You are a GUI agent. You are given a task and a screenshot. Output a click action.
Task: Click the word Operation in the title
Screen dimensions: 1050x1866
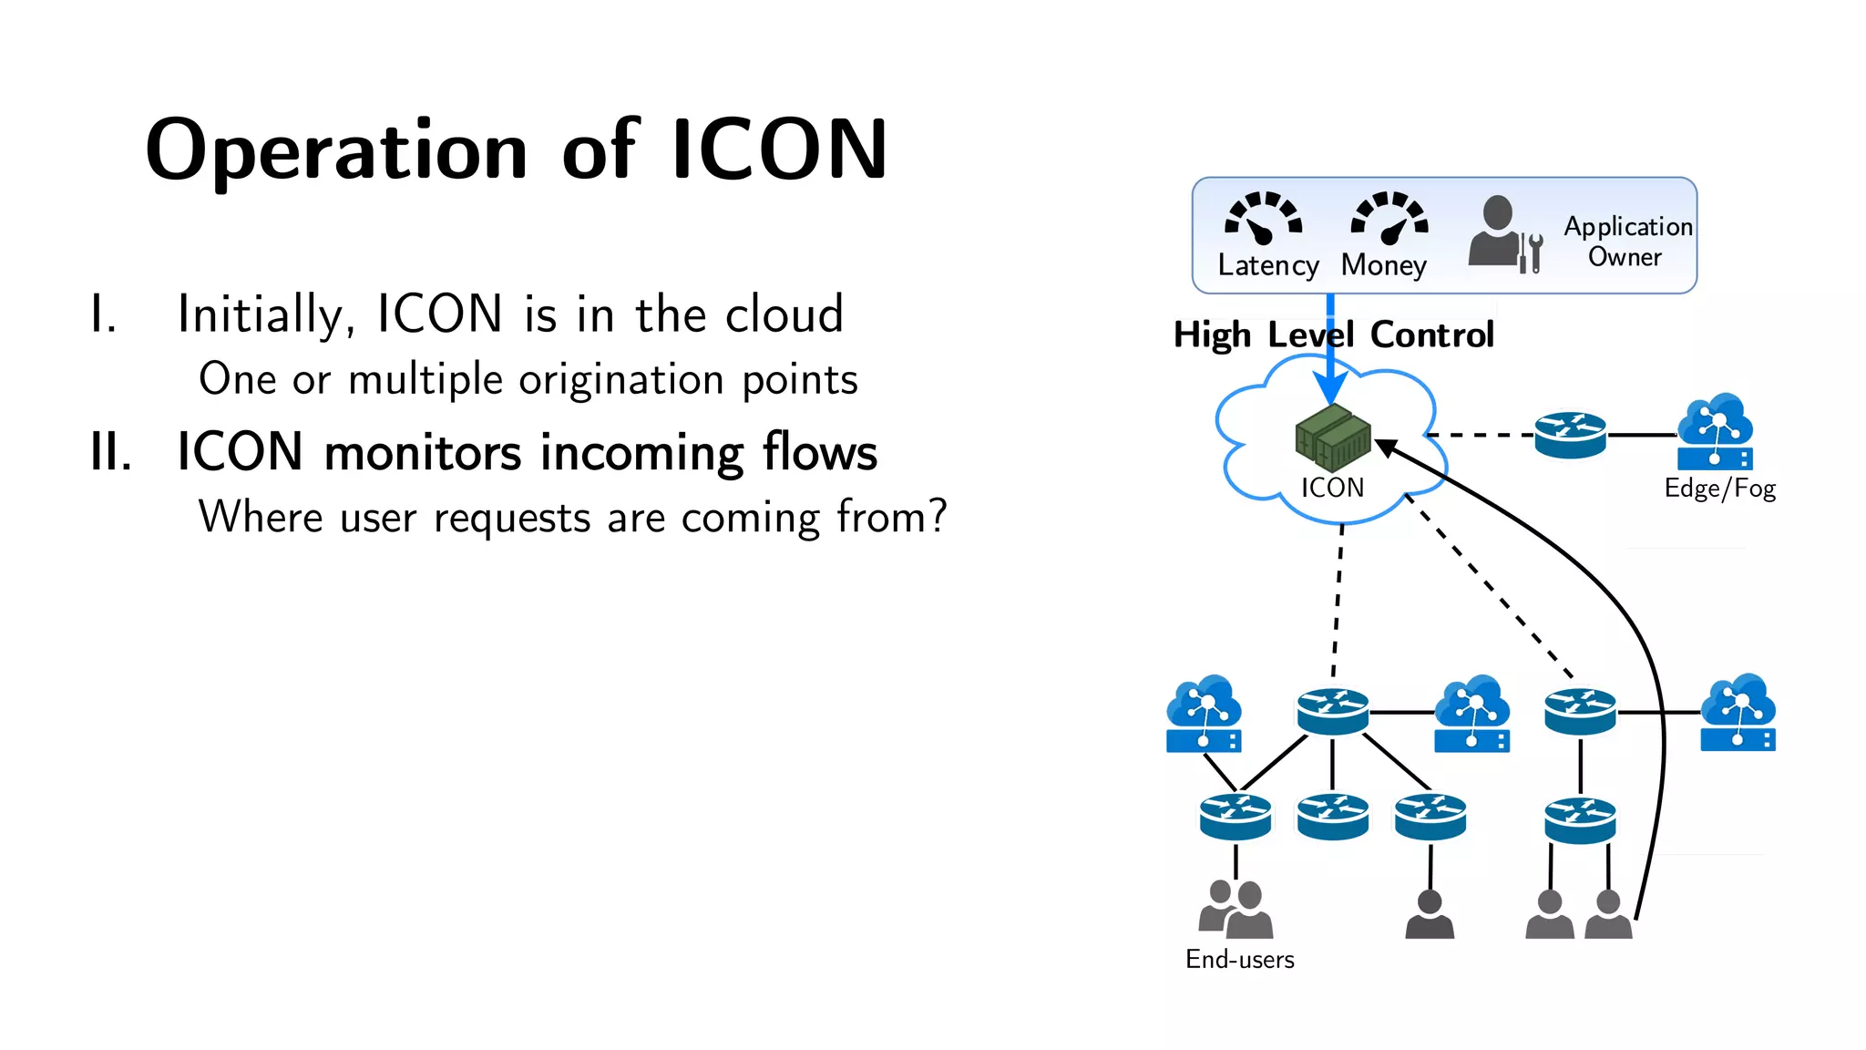pos(336,151)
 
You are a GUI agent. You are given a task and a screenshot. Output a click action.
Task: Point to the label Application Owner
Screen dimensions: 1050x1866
pos(1627,241)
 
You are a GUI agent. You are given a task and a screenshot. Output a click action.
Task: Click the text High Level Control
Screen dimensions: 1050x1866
pos(1333,335)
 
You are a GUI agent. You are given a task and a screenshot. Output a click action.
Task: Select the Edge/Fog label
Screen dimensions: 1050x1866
pos(1719,489)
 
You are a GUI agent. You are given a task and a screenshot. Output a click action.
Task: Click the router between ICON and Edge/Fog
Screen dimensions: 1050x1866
pos(1570,435)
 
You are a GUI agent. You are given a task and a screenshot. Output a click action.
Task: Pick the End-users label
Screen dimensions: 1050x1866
pos(1239,959)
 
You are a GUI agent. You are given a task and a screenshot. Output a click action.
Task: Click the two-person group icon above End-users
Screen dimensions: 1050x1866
pos(1235,910)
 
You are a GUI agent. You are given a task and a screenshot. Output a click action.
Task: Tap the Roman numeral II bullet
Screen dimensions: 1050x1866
pos(111,452)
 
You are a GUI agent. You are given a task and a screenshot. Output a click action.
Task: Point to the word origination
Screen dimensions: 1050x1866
pos(621,379)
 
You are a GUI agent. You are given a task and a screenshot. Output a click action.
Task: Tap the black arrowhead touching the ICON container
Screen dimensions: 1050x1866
pos(1386,447)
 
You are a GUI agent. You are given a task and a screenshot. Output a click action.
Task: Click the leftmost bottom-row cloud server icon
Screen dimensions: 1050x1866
pos(1204,714)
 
